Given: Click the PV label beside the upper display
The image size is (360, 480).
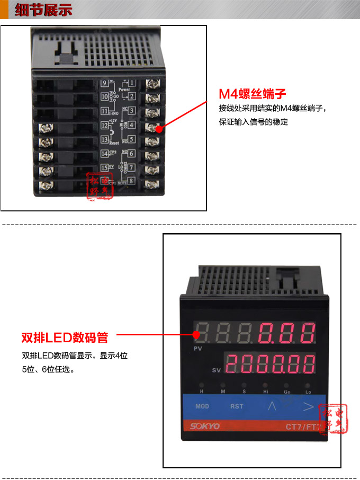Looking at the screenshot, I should tap(198, 349).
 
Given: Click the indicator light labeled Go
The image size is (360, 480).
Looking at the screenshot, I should tap(286, 386).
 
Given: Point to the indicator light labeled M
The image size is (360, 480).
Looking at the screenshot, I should tap(222, 386).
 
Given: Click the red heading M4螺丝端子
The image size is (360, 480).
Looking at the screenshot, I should tap(253, 94).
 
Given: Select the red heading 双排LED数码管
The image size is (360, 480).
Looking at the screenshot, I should tap(65, 337).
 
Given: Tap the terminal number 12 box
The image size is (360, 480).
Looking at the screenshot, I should tap(104, 126).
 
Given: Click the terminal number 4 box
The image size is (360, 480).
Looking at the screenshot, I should tap(131, 126).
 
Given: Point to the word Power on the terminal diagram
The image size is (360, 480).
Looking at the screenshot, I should tap(124, 90).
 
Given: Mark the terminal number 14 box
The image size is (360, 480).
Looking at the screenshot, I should tap(104, 154).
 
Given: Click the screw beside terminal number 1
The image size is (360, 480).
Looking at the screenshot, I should tap(153, 83).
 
